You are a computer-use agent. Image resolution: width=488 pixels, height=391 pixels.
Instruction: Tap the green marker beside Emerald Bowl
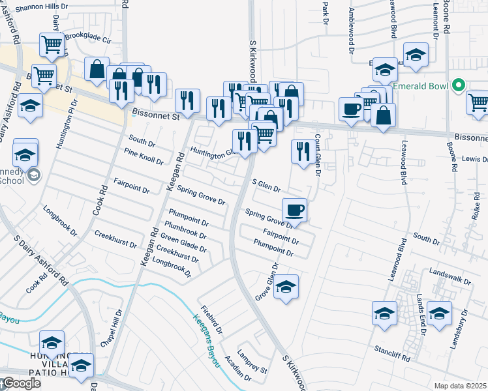(459, 85)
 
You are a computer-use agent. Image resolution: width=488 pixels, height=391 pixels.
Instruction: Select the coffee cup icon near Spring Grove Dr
(294, 210)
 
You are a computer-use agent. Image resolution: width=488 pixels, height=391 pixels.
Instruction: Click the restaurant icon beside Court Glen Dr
(301, 152)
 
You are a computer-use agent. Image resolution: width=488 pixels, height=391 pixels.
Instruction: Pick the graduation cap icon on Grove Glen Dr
(285, 287)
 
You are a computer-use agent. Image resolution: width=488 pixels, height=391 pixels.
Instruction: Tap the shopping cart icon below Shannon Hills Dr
(52, 45)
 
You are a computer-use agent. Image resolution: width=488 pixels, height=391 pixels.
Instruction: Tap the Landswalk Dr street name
(450, 277)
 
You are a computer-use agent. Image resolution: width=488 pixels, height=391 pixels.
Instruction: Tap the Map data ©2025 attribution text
(461, 386)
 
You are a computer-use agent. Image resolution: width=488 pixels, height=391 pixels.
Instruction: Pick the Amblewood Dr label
(351, 30)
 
